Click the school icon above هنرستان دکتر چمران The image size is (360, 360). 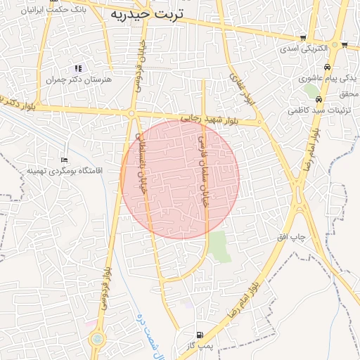(77, 68)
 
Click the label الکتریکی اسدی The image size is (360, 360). (304, 49)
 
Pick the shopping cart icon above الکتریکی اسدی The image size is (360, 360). (303, 38)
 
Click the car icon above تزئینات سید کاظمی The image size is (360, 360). (319, 99)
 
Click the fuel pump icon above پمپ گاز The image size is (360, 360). (201, 335)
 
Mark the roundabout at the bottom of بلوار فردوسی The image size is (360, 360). (96, 340)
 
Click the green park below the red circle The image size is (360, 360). (219, 246)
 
